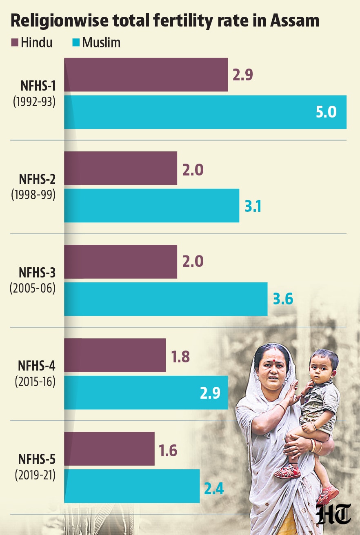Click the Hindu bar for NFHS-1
[x=146, y=75]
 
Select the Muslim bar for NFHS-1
[x=205, y=112]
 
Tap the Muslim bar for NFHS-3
[x=166, y=299]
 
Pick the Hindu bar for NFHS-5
[x=109, y=448]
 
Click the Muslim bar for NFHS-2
[x=152, y=206]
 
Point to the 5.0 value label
[x=326, y=112]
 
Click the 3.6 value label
[x=283, y=299]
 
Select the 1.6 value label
[x=168, y=451]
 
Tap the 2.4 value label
[x=214, y=488]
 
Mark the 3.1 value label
[x=253, y=206]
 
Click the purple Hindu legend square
[x=15, y=43]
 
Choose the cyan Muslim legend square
[x=76, y=43]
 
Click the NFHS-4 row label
[x=37, y=366]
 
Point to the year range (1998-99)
[x=33, y=195]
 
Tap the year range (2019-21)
[x=35, y=475]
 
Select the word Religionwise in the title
[x=60, y=21]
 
